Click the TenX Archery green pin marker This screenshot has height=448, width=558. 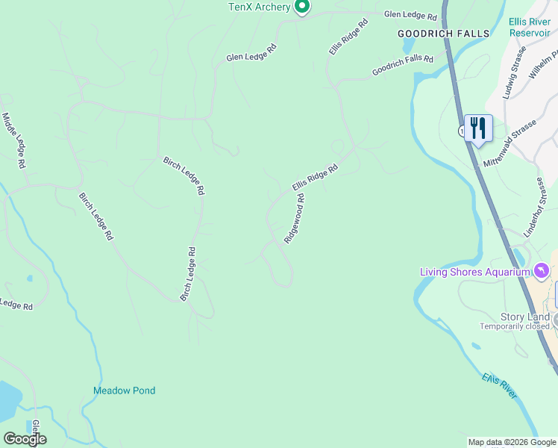pos(301,7)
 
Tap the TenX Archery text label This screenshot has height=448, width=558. pos(259,7)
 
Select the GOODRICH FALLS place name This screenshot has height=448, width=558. pos(443,34)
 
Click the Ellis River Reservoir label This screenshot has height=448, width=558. pos(530,27)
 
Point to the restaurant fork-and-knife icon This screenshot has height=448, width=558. pos(477,128)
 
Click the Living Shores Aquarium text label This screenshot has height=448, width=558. pos(474,272)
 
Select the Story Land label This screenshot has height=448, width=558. pos(525,317)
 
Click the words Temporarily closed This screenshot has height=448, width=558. pos(525,327)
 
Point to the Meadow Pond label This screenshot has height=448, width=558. pos(124,391)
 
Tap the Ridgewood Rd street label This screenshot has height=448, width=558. pos(294,219)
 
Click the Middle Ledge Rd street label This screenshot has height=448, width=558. pos(15,140)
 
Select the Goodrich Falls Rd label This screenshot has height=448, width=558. pos(403,65)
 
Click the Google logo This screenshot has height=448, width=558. pos(25,439)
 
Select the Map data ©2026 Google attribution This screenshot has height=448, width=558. pos(512,442)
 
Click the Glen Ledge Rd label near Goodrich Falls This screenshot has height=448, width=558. pos(410,15)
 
